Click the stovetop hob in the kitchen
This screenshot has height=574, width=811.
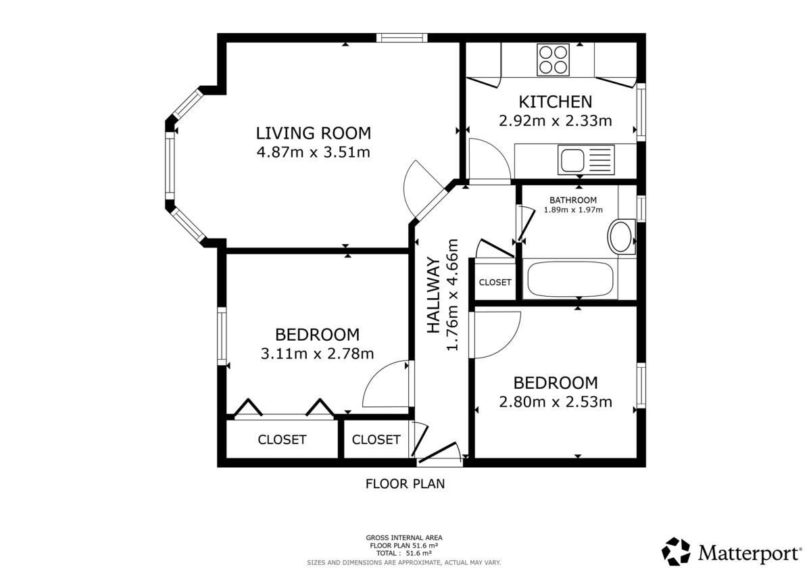click(553, 59)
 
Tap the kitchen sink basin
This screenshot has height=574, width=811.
click(572, 160)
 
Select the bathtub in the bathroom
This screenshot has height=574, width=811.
click(570, 279)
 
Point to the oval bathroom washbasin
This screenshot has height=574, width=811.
click(621, 237)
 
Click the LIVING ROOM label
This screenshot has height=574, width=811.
click(314, 133)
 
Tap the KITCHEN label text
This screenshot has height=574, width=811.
click(556, 102)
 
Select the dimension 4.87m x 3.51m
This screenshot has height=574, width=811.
click(314, 152)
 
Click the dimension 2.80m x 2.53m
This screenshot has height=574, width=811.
click(556, 402)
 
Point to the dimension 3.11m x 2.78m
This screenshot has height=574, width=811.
click(317, 354)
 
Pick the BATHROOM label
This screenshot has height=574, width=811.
click(573, 200)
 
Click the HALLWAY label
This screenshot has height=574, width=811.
click(433, 295)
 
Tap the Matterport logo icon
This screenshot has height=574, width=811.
click(676, 552)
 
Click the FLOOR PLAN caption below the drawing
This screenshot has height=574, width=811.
click(405, 484)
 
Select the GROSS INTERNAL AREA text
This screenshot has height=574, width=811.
click(404, 537)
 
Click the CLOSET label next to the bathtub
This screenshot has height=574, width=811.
click(495, 282)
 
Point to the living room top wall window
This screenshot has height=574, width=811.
click(402, 38)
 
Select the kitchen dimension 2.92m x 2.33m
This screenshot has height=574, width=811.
click(556, 120)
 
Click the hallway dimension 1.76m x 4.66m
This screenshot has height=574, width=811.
click(453, 295)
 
